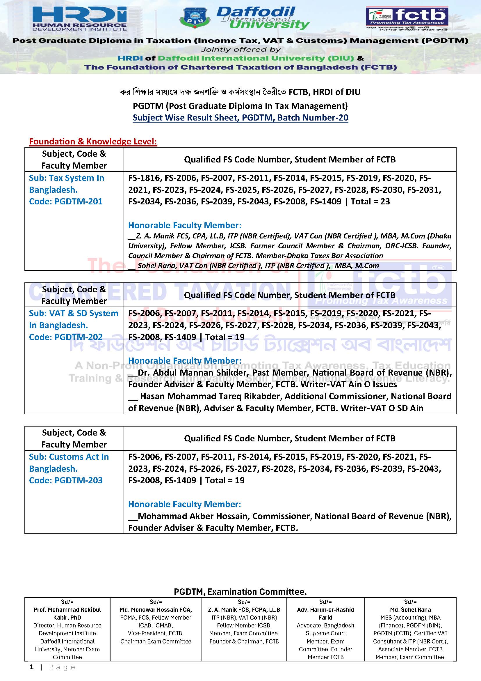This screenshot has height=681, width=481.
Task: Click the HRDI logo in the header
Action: pos(79,18)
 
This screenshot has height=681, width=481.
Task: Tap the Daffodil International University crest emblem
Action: pos(195,18)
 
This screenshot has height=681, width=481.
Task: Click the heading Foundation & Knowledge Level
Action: pos(93,141)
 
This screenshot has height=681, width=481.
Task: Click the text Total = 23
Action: pos(370,202)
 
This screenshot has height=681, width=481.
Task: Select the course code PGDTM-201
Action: pos(78,202)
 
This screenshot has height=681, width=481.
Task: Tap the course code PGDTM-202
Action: pos(78,337)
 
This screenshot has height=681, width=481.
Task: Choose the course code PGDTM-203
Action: pos(78,480)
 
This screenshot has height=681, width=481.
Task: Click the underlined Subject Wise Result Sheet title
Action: pos(240,118)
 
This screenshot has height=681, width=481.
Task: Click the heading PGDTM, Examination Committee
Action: pos(240,592)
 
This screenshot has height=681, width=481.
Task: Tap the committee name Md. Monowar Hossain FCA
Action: pos(156,610)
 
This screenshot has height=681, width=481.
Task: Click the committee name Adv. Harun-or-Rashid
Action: pos(325,610)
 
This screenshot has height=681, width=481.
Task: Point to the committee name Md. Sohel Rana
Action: pos(410,610)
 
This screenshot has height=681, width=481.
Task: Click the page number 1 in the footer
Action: pos(31,667)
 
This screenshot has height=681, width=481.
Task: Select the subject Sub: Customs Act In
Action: pos(69,457)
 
